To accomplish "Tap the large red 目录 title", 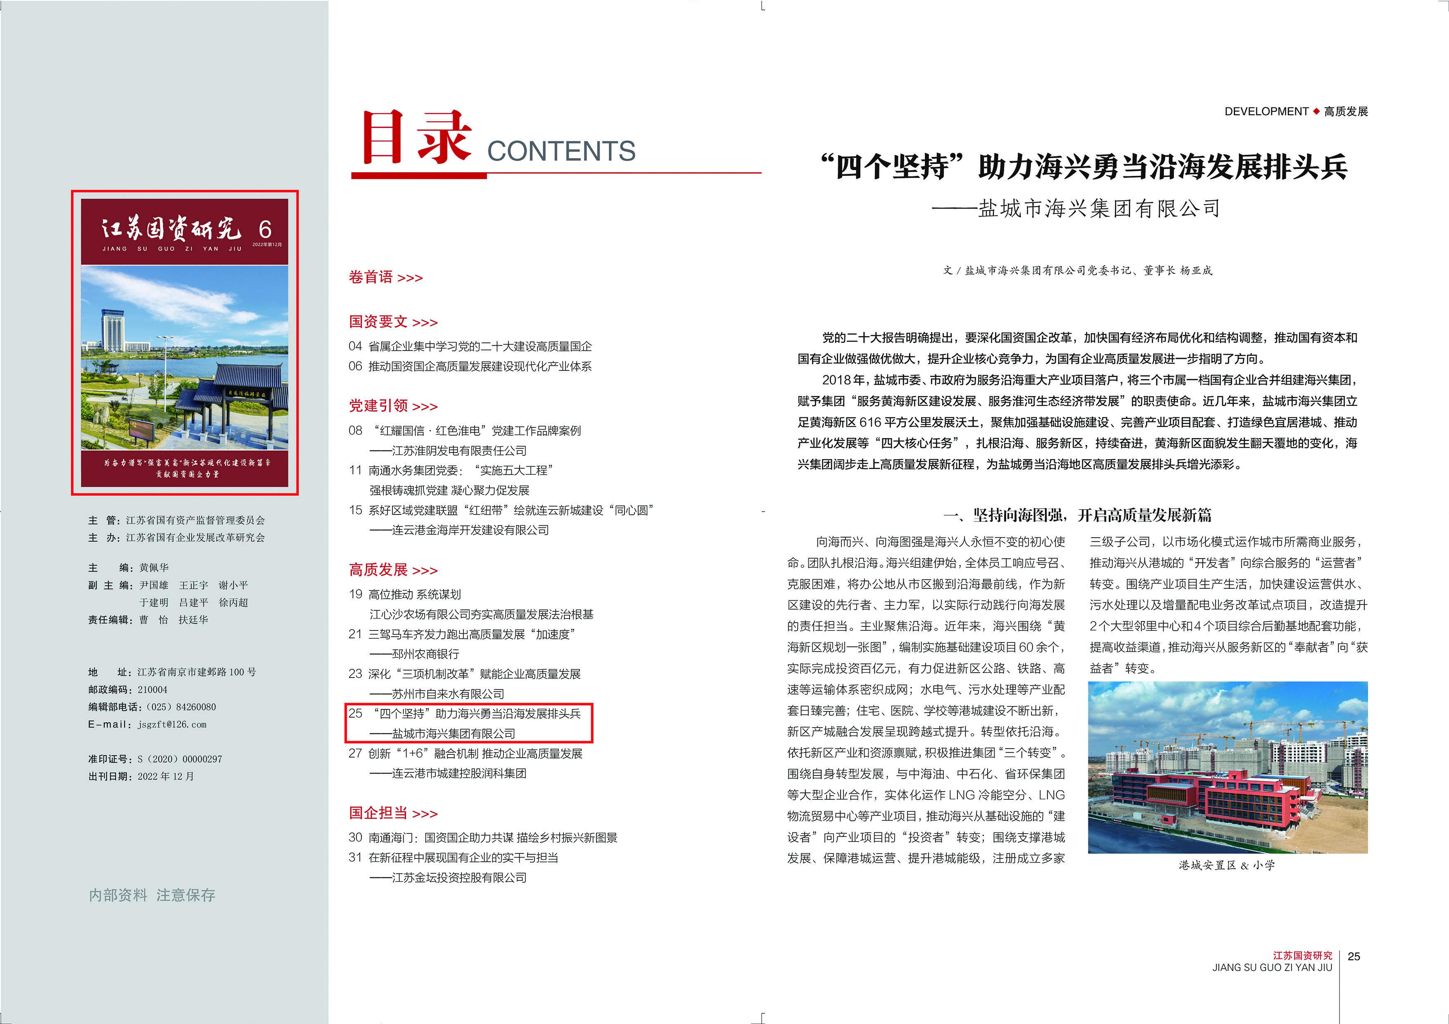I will pos(416,137).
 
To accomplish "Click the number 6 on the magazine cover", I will pos(265,229).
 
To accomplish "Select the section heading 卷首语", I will pos(371,277).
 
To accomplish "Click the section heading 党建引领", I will pos(379,406).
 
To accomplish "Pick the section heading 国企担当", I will pos(379,813).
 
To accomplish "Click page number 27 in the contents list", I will pos(355,753).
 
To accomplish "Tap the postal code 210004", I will pos(153,690).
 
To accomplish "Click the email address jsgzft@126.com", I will pos(172,724).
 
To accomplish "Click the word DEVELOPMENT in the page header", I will pos(1266,111).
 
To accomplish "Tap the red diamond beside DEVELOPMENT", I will pos(1316,111).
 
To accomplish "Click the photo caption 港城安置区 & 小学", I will pos(1226,865).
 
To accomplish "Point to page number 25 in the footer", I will pos(1354,957).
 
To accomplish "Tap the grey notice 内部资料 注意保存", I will pos(152,895).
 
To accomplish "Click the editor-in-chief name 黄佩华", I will pos(154,567).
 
